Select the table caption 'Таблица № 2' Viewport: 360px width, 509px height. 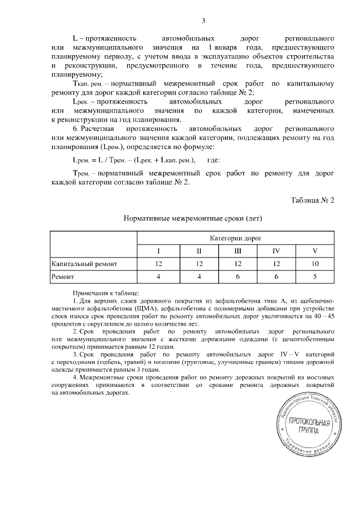click(x=313, y=200)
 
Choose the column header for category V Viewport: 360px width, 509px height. click(x=316, y=250)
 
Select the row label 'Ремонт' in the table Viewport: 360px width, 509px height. click(x=63, y=277)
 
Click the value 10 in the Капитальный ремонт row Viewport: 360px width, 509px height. click(x=316, y=263)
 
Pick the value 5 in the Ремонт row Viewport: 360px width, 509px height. click(x=316, y=277)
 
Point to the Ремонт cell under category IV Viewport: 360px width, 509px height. click(x=276, y=277)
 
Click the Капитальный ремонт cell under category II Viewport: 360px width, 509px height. click(x=199, y=263)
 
